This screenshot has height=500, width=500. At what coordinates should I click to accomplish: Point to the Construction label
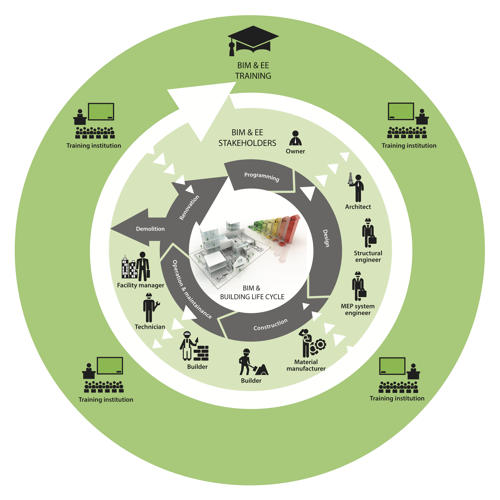pos(270,324)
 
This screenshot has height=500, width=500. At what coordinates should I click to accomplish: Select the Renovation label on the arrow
pos(189,207)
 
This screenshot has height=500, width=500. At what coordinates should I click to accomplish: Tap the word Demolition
pos(150,229)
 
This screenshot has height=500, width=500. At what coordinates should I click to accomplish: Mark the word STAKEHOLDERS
pos(247,143)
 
